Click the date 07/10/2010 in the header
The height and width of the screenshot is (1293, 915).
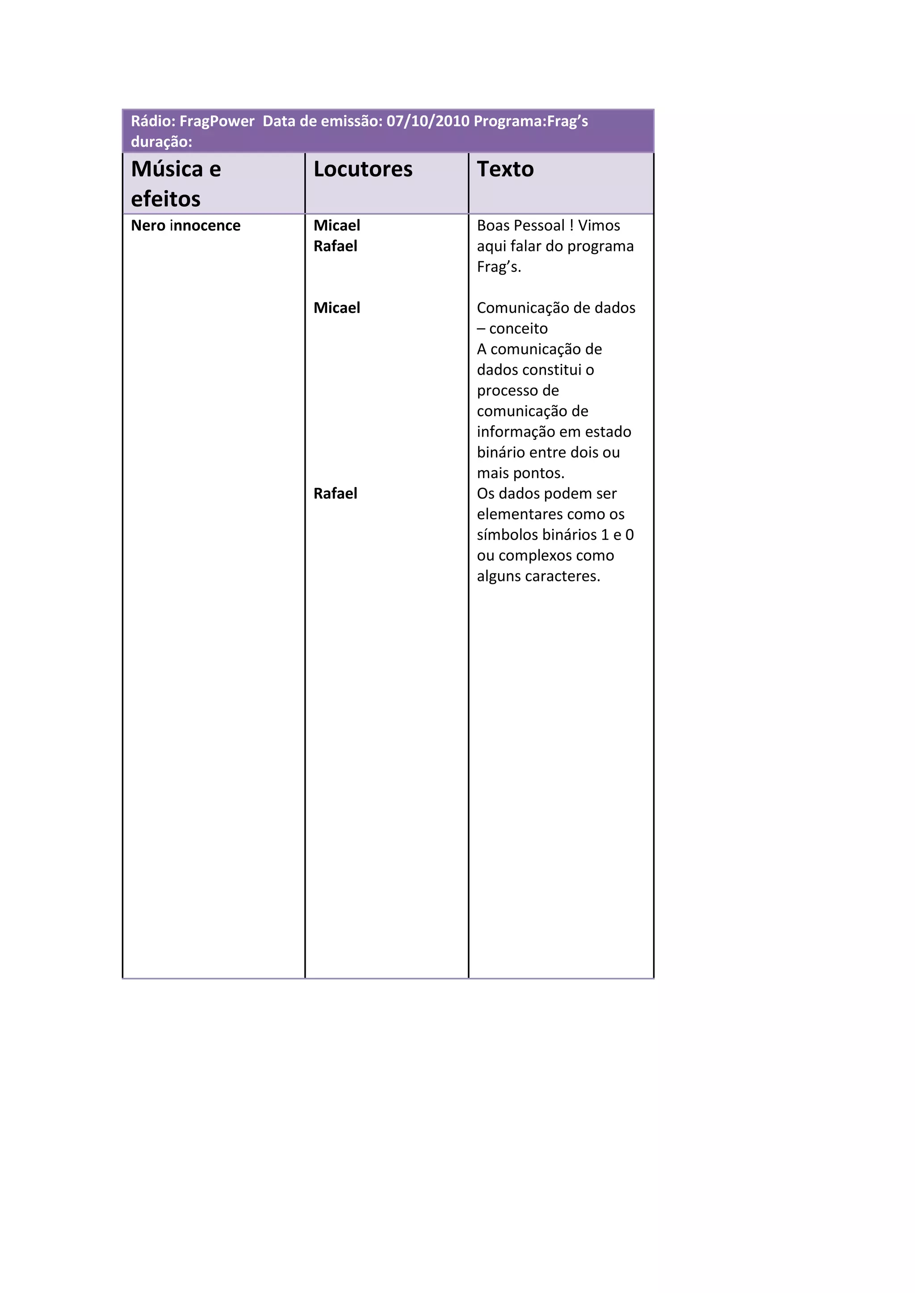coord(428,121)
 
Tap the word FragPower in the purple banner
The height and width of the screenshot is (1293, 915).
coord(217,121)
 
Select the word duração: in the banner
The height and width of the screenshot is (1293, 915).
coord(162,142)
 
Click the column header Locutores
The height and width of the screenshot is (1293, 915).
coord(363,169)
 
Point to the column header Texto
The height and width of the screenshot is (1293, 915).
coord(505,169)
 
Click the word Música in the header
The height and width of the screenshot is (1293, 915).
coord(167,169)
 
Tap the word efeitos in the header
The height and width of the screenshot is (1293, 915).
coord(166,199)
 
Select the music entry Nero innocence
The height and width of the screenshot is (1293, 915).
coord(185,225)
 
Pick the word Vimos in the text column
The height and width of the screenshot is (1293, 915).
coord(599,225)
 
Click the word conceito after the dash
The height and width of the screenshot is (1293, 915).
coord(518,328)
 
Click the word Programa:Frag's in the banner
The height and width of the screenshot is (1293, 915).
coord(531,121)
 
